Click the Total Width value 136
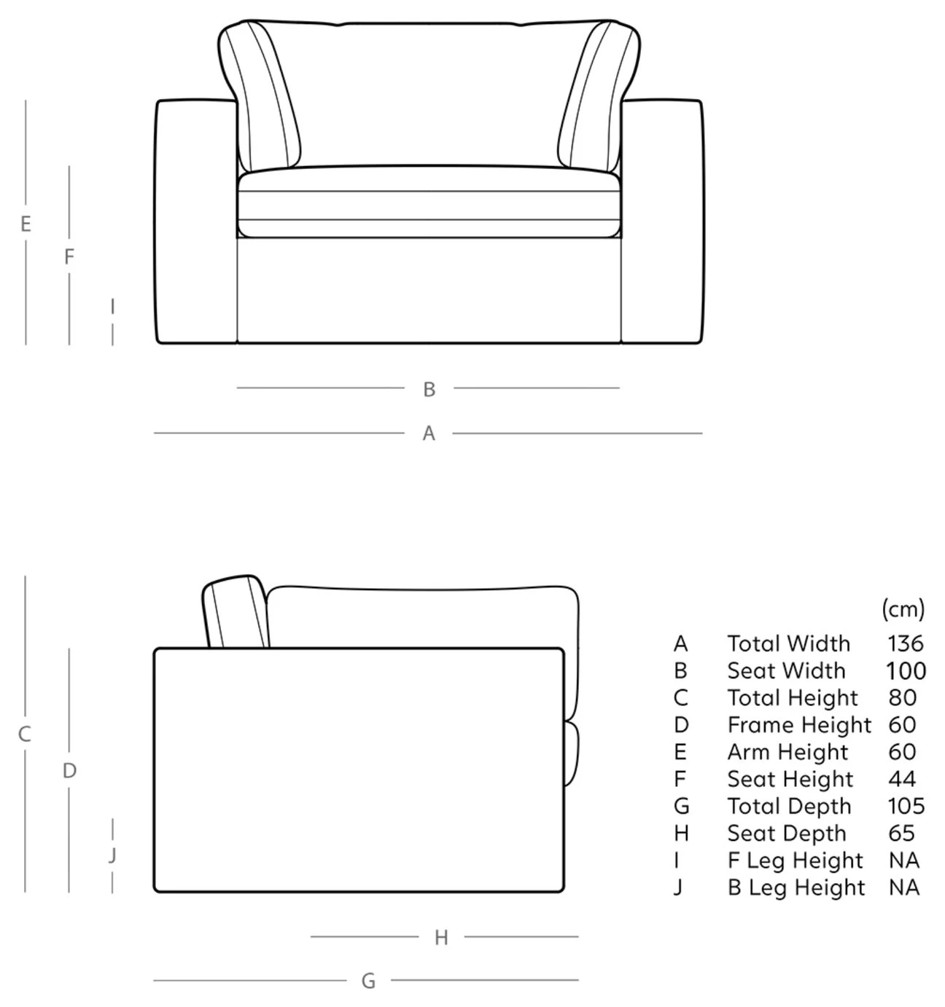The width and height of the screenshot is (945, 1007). point(905,643)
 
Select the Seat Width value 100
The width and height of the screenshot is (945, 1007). point(906,671)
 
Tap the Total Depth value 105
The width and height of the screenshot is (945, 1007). point(906,806)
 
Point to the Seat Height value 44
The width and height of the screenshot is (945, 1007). point(902,780)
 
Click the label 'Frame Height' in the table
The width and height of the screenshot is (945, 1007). point(799,726)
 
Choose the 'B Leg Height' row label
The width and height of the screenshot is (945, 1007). point(796,888)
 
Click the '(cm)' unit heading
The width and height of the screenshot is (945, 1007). point(903,608)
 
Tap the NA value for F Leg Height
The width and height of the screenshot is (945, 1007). point(904,861)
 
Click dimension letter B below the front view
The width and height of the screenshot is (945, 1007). point(429,389)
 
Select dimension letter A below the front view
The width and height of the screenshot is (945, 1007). point(429,434)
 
